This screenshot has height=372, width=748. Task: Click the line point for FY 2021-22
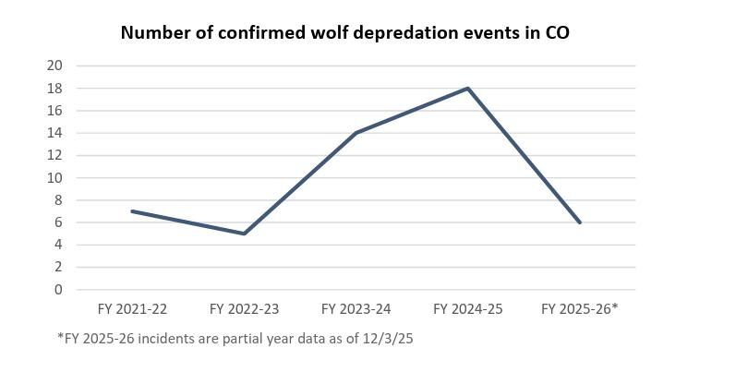[x=133, y=211]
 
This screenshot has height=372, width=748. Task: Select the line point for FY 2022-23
[x=244, y=234]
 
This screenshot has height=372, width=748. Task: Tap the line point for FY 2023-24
[x=356, y=133]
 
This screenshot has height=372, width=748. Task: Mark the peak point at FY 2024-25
[x=468, y=89]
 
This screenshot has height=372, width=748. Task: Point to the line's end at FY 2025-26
[x=580, y=222]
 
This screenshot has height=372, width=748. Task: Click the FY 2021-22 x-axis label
[x=132, y=309]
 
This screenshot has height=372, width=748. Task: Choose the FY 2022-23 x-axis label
[x=244, y=309]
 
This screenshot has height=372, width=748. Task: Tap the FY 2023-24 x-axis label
[x=356, y=309]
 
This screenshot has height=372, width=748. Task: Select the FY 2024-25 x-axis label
[x=468, y=309]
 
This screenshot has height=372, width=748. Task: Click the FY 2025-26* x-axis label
[x=580, y=309]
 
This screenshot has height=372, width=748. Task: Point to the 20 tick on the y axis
[x=54, y=66]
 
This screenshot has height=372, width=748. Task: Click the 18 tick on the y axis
[x=54, y=89]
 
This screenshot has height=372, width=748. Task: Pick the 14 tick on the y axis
[x=54, y=133]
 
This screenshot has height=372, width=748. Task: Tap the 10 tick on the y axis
[x=54, y=178]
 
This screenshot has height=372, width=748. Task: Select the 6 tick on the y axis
[x=58, y=222]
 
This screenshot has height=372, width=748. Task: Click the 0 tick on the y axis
[x=58, y=290]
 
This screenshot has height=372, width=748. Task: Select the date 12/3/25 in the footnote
[x=389, y=339]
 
